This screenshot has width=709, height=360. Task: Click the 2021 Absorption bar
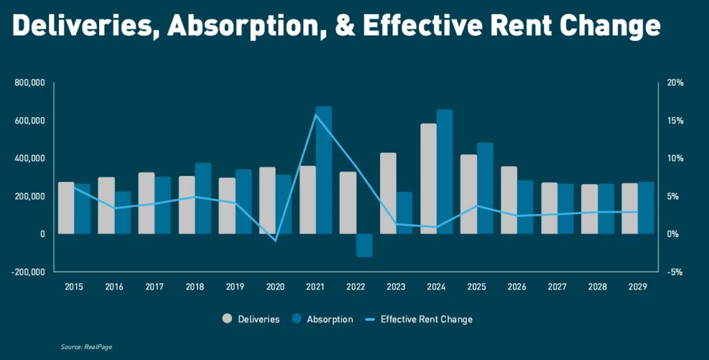[x=324, y=170]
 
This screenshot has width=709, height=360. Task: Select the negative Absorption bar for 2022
[x=364, y=245]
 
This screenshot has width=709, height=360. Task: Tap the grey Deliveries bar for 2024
[x=429, y=179]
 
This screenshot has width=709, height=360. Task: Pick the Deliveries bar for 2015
[x=66, y=208]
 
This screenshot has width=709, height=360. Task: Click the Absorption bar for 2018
[x=203, y=199]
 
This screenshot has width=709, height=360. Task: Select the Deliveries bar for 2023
[x=388, y=193]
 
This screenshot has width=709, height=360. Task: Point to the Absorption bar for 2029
[x=646, y=208]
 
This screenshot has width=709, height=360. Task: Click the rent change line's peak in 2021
[x=316, y=114]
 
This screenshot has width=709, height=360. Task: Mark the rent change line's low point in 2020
[x=276, y=241]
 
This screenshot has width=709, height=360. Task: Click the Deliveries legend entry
[x=251, y=319]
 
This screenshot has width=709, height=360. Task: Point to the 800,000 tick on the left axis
[x=30, y=83]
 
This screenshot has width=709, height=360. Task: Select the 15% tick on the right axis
[x=675, y=121]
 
